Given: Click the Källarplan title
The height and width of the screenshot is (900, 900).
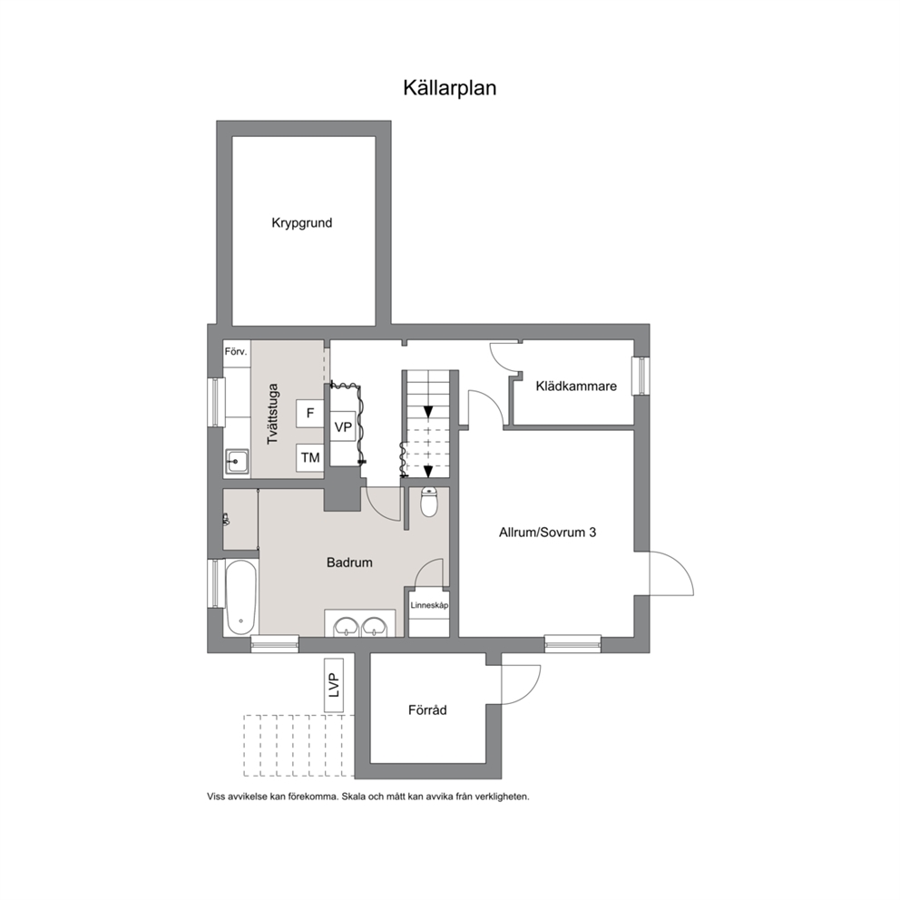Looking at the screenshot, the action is tap(449, 88).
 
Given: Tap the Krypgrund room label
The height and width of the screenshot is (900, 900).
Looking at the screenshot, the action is tap(302, 222).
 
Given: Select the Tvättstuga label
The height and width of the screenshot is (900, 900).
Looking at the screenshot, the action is tap(273, 414).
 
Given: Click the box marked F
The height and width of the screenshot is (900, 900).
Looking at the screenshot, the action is tap(310, 414).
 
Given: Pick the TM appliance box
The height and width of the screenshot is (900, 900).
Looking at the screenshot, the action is tap(310, 457).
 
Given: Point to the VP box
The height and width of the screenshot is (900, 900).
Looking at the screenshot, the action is tap(343, 427).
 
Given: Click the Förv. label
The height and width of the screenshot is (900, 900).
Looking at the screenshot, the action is tap(236, 352).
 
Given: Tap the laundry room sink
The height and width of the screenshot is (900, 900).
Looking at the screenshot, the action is tap(237, 461).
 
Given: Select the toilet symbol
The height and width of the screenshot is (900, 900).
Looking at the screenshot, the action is tap(429, 503).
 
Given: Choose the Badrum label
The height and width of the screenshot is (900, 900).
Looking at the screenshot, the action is tap(349, 562).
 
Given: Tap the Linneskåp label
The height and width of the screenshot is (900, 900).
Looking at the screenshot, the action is tap(429, 605).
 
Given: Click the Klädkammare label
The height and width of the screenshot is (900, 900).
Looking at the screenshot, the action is tap(576, 386).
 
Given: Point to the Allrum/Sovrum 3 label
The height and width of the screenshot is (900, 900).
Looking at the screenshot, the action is tap(548, 532).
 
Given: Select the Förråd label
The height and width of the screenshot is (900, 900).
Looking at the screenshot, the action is tap(427, 710).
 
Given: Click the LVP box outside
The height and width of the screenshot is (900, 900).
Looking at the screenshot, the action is tap(334, 685).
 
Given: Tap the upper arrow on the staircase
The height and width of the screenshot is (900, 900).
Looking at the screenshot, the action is tap(428, 410).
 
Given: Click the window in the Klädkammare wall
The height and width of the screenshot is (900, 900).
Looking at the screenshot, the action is tap(641, 376).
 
